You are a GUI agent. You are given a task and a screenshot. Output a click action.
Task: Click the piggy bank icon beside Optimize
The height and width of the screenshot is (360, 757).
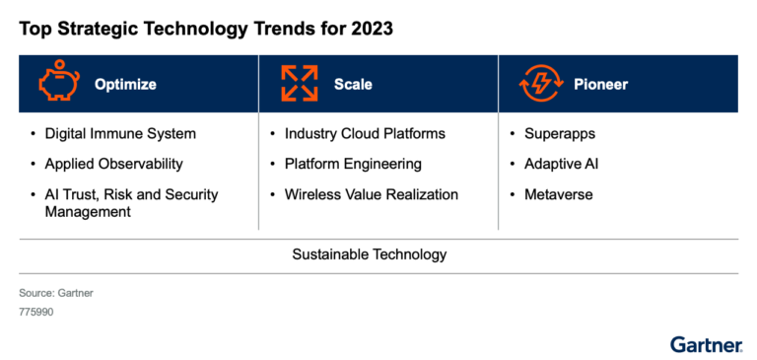(58, 84)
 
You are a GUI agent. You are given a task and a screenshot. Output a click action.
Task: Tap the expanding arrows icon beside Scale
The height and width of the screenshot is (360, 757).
(300, 84)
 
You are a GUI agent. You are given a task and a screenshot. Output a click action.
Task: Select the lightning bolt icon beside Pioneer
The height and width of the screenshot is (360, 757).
(541, 84)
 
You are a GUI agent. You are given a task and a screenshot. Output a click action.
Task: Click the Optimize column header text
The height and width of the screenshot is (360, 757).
(125, 85)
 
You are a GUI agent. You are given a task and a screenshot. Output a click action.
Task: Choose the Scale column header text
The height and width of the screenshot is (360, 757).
(353, 85)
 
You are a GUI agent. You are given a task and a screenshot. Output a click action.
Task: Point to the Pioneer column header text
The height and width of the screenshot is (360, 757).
(601, 85)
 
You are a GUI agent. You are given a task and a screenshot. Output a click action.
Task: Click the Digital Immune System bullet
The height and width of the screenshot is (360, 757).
(120, 133)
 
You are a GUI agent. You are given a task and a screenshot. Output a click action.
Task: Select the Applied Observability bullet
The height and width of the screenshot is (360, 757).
(113, 164)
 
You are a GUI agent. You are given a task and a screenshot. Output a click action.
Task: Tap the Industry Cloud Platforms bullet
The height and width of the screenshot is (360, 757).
(365, 133)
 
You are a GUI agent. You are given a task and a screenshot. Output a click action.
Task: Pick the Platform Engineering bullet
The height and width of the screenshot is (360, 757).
(353, 164)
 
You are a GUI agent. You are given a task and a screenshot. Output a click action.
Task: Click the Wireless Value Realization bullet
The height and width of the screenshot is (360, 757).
(371, 194)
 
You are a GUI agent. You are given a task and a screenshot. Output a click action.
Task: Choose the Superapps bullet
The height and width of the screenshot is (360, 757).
(560, 133)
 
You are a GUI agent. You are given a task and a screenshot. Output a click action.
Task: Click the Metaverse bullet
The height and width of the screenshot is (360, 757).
(559, 194)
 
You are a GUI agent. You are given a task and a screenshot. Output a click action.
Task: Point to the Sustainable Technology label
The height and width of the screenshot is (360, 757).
(370, 254)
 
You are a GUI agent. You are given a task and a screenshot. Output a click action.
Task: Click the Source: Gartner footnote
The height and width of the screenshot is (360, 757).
(56, 293)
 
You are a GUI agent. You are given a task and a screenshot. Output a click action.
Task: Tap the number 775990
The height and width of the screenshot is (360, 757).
(35, 312)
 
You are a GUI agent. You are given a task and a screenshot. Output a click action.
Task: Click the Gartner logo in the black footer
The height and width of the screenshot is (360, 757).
(706, 345)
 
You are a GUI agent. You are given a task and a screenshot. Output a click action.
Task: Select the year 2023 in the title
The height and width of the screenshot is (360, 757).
(370, 29)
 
